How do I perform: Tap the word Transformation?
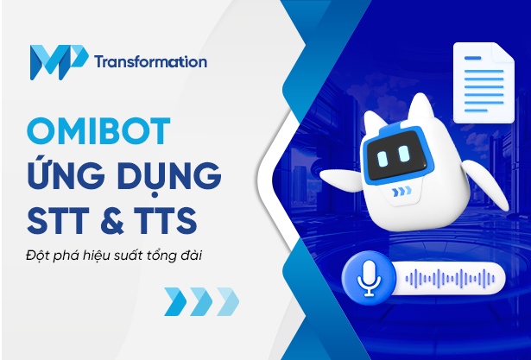(x=152, y=62)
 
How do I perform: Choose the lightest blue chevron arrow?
(x=226, y=301)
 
